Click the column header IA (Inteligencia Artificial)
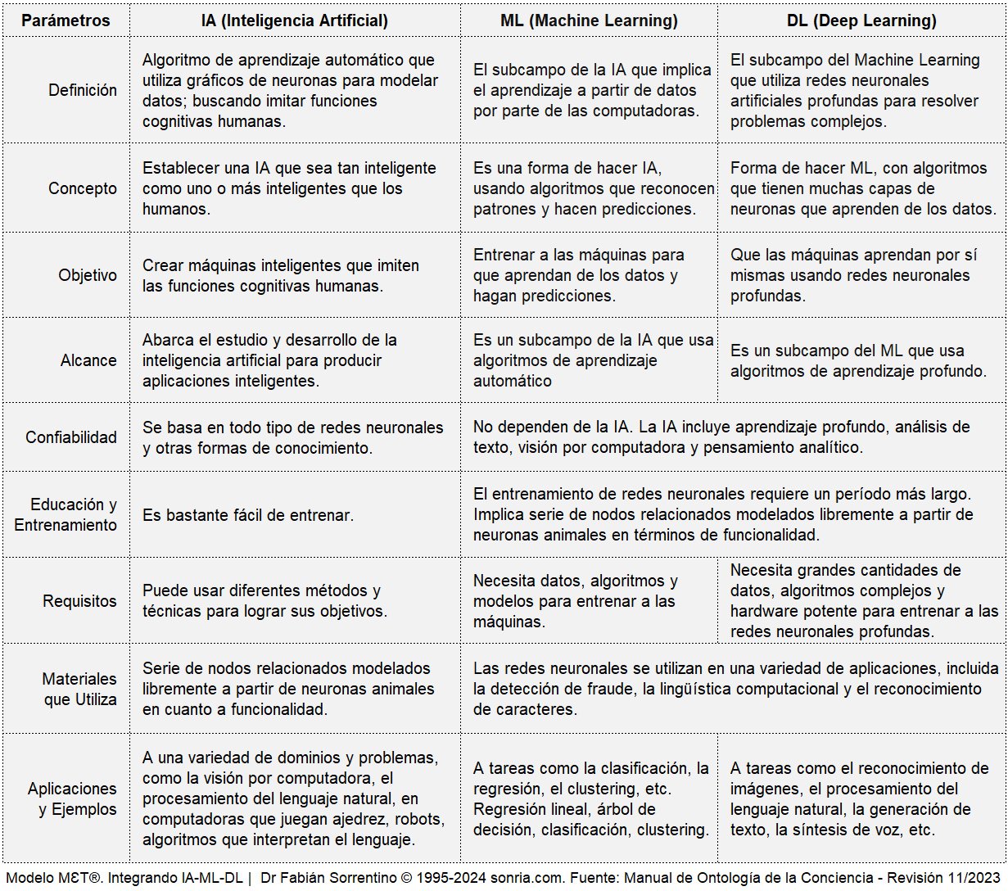(x=295, y=20)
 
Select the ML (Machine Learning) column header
(x=589, y=20)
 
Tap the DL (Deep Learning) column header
(x=861, y=20)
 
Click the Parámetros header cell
(x=66, y=20)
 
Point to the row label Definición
(x=83, y=90)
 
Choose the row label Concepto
(x=83, y=188)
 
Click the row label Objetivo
(x=88, y=275)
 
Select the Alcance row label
(x=88, y=360)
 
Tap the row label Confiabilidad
(x=71, y=437)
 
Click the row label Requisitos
(x=79, y=601)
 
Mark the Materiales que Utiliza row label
(x=79, y=689)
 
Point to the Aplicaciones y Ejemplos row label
(x=72, y=798)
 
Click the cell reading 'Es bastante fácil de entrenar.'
(x=248, y=515)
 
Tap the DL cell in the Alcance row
(x=858, y=360)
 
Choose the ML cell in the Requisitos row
(x=576, y=601)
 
